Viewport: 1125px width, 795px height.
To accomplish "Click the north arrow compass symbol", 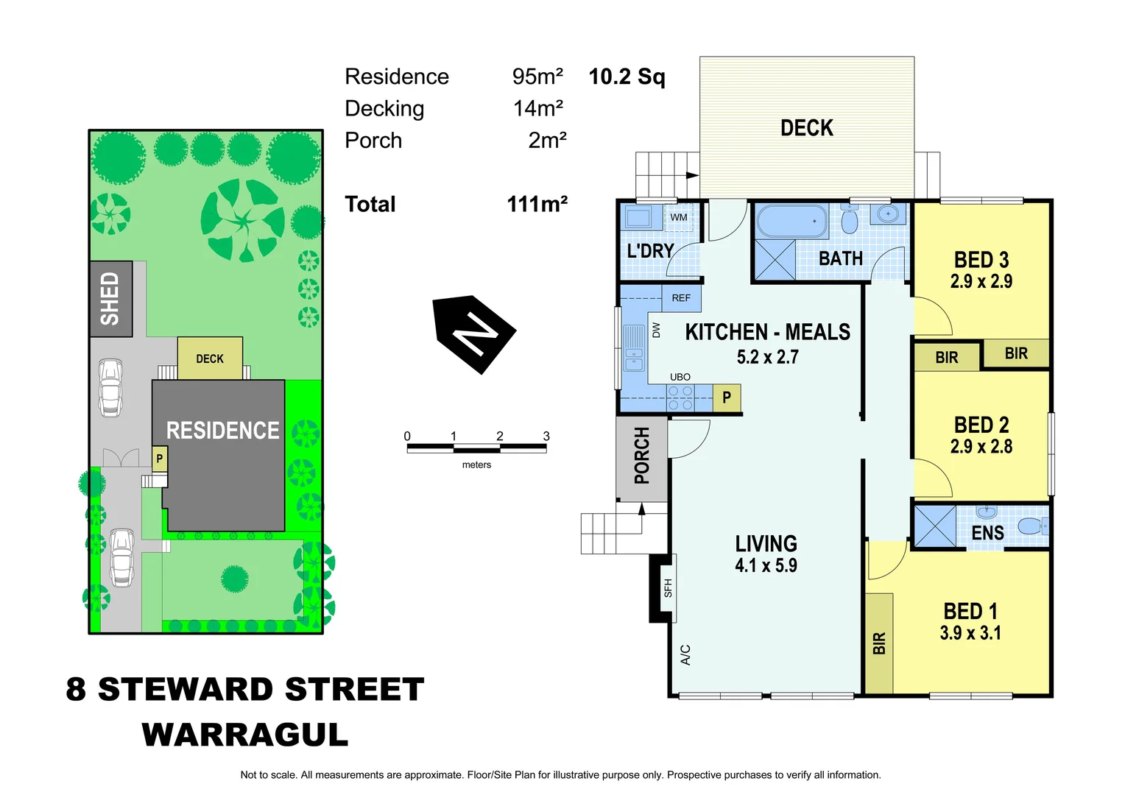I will [475, 334].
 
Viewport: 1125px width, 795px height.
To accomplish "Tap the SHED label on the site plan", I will [110, 299].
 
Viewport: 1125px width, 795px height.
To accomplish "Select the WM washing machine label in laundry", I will [678, 217].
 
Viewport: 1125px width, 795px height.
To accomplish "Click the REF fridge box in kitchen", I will [681, 298].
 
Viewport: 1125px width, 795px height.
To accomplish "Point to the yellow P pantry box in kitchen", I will [727, 398].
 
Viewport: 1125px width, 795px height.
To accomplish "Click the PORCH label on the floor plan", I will [642, 456].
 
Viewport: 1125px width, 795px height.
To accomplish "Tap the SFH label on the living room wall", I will [668, 587].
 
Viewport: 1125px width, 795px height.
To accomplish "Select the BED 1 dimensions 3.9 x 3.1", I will [970, 633].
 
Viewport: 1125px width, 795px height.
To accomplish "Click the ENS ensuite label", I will [987, 533].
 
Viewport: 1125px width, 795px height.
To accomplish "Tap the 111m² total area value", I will [537, 204].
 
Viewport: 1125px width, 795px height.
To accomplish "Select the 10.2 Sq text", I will [627, 77].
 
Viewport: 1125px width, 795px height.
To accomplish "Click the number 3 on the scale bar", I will [546, 436].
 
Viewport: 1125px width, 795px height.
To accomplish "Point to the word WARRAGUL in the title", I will [244, 735].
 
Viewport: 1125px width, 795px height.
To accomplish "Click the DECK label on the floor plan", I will [807, 128].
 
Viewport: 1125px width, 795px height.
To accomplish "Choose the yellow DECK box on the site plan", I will [210, 358].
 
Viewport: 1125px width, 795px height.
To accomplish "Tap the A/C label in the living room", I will [685, 654].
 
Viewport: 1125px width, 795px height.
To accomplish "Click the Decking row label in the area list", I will [384, 109].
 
